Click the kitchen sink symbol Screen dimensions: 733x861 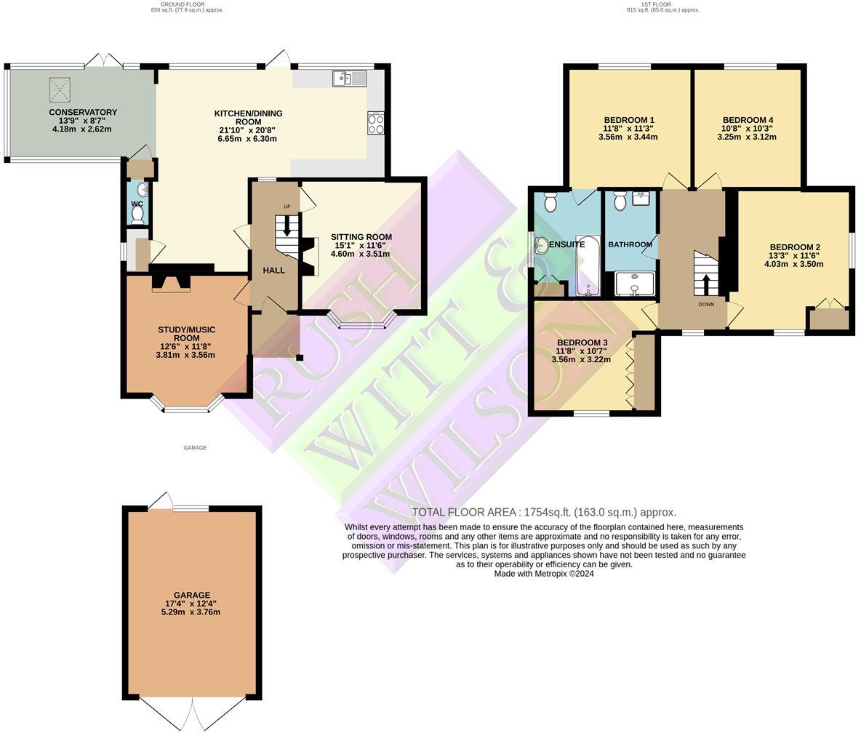coord(349,78)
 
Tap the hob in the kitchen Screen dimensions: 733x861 coord(376,123)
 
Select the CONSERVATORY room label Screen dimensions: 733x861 coord(83,113)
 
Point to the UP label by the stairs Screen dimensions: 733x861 coord(287,207)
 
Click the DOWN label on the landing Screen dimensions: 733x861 coord(706,304)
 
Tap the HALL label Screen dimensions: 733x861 coord(274,271)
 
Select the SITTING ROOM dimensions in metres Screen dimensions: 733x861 coord(360,254)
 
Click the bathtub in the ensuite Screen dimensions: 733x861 coord(588,265)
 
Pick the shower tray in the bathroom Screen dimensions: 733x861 coord(635,284)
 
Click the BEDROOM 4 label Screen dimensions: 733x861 coord(748,120)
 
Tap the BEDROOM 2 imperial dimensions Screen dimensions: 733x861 coord(793,256)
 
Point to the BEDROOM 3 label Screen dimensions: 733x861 coord(582,343)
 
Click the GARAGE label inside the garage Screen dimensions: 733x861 coord(191,595)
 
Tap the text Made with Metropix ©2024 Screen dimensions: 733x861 coord(544,574)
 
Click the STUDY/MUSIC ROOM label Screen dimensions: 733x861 coord(186,334)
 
